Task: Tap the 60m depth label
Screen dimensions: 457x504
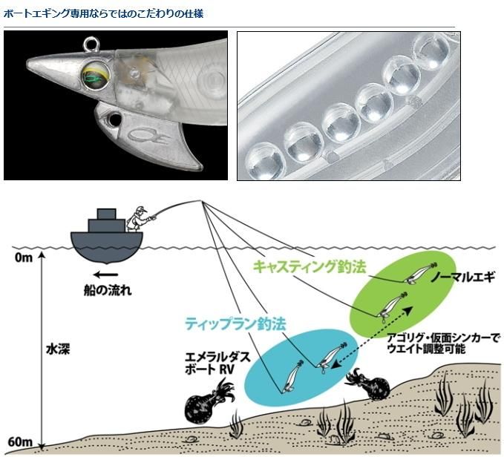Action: (x=22, y=443)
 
